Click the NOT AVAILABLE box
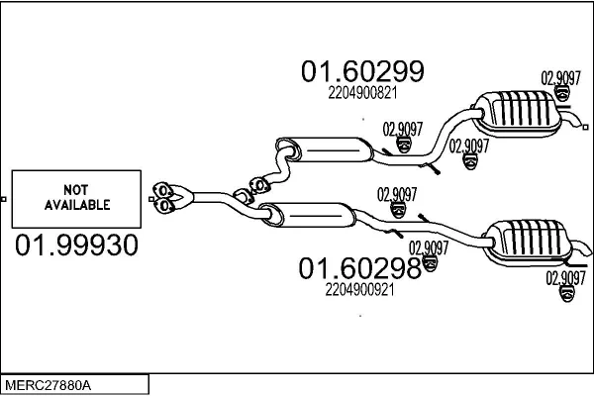(x=75, y=198)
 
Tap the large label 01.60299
(x=362, y=71)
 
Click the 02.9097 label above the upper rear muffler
(x=560, y=76)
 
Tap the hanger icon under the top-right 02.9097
(x=561, y=93)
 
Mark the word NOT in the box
(x=75, y=189)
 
